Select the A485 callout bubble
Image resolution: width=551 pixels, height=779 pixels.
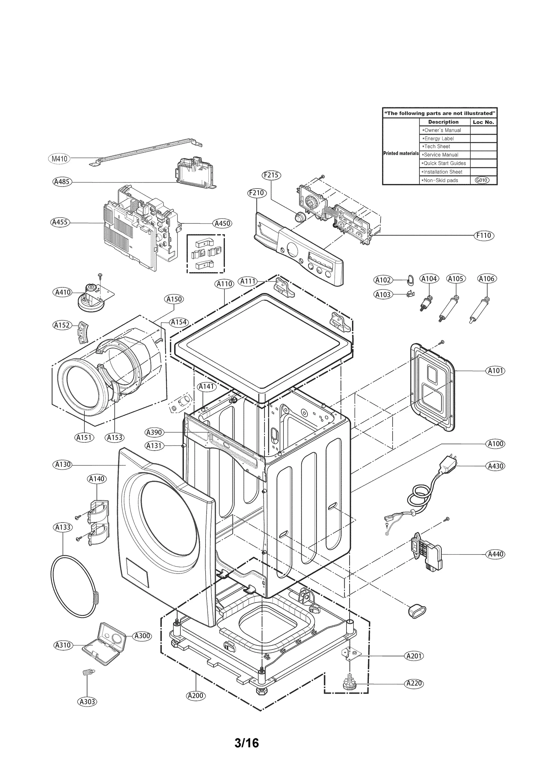[62, 182]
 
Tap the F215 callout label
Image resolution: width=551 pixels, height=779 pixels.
[271, 175]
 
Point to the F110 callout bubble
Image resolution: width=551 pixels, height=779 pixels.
[484, 235]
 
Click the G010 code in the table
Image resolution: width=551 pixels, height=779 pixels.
[481, 180]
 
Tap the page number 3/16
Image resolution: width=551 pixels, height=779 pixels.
[246, 743]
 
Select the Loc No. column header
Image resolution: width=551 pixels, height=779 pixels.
[483, 122]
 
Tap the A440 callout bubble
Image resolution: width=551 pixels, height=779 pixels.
[495, 554]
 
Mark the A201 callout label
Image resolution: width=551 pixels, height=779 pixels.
[414, 656]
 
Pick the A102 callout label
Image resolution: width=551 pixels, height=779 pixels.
[383, 280]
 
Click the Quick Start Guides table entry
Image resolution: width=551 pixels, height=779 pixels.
[444, 164]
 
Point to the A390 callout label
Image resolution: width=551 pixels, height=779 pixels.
[154, 432]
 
